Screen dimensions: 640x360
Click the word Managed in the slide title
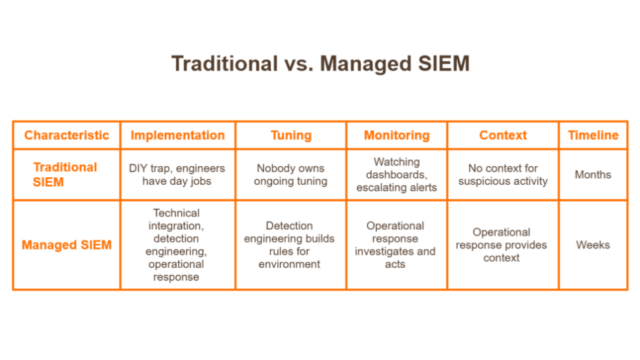click(366, 64)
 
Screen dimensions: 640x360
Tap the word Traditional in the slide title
click(224, 64)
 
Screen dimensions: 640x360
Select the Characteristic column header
click(66, 135)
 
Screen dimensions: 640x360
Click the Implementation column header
click(177, 135)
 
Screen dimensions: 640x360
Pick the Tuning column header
click(291, 135)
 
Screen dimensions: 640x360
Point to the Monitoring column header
click(397, 135)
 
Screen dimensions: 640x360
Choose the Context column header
click(503, 135)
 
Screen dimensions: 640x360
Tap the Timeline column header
click(593, 135)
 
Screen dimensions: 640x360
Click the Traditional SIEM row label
click(65, 174)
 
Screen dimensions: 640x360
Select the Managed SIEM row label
click(66, 245)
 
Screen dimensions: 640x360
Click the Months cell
click(593, 174)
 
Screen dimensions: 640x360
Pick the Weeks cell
click(593, 245)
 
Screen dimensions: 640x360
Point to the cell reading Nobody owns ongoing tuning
click(291, 174)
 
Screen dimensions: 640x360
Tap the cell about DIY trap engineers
click(177, 174)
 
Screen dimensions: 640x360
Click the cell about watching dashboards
click(397, 174)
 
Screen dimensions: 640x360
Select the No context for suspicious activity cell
click(503, 174)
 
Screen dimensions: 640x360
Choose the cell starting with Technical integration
click(177, 245)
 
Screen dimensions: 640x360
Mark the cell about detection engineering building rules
click(290, 245)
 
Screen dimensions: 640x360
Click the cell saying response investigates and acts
click(395, 245)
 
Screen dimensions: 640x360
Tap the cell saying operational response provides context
click(501, 245)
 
